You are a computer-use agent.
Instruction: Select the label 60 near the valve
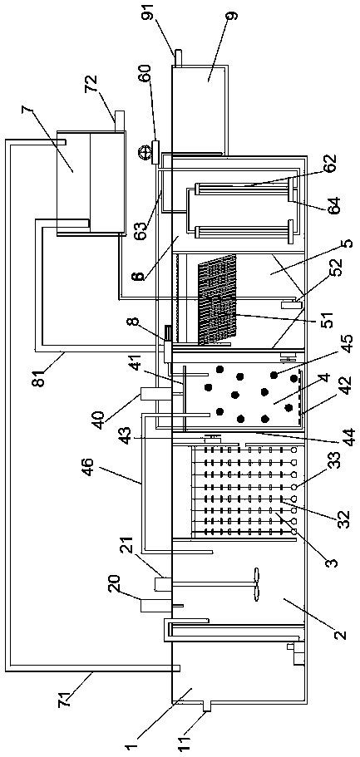click(145, 76)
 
